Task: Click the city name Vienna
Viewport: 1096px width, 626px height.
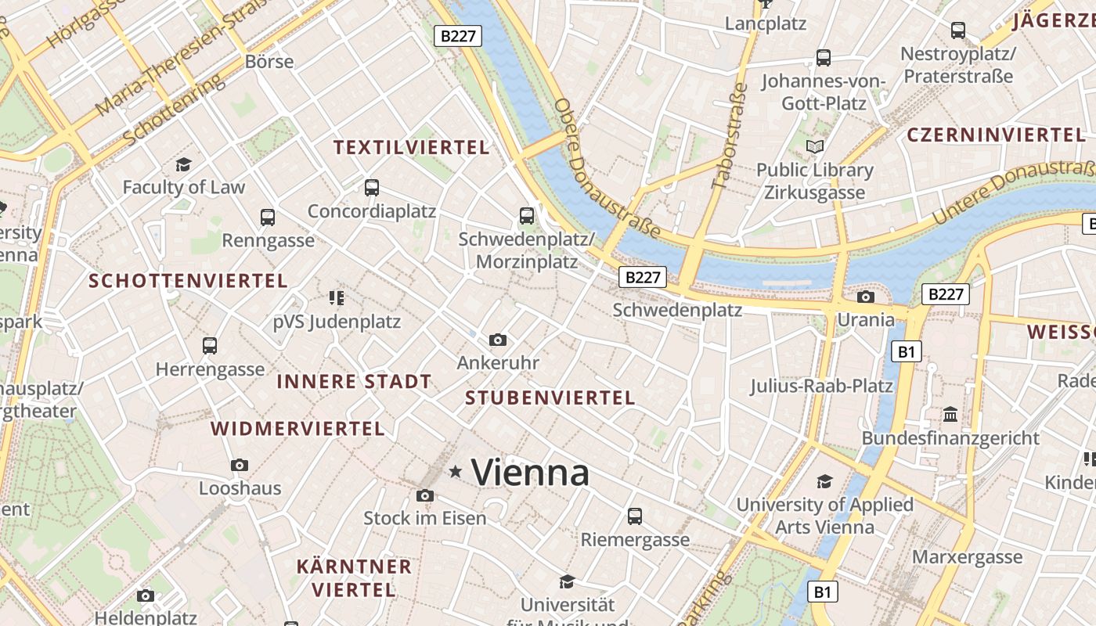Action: point(530,473)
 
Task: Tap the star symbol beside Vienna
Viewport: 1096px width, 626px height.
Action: point(456,471)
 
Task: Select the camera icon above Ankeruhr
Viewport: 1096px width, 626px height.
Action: point(497,340)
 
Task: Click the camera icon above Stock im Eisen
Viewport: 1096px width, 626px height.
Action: point(425,495)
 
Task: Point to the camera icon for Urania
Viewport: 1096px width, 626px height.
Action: point(865,297)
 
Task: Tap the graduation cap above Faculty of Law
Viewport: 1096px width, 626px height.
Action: point(183,164)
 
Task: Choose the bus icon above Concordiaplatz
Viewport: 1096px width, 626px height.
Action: point(372,188)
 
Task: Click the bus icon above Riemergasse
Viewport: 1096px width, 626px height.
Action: point(635,516)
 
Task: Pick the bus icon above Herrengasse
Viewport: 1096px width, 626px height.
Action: point(210,346)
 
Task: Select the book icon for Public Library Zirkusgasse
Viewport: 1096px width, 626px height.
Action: point(815,146)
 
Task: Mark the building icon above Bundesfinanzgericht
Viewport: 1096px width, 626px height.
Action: point(950,414)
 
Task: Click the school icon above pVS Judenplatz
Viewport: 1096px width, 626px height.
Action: point(337,297)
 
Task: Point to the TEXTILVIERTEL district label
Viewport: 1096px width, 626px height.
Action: point(411,147)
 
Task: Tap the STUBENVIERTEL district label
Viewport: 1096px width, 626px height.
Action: point(550,398)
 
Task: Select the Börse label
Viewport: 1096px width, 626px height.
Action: point(269,61)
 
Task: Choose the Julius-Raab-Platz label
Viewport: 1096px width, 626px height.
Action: point(821,386)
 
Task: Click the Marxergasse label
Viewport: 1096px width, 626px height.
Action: point(968,557)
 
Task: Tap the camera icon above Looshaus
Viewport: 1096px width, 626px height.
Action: point(240,466)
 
